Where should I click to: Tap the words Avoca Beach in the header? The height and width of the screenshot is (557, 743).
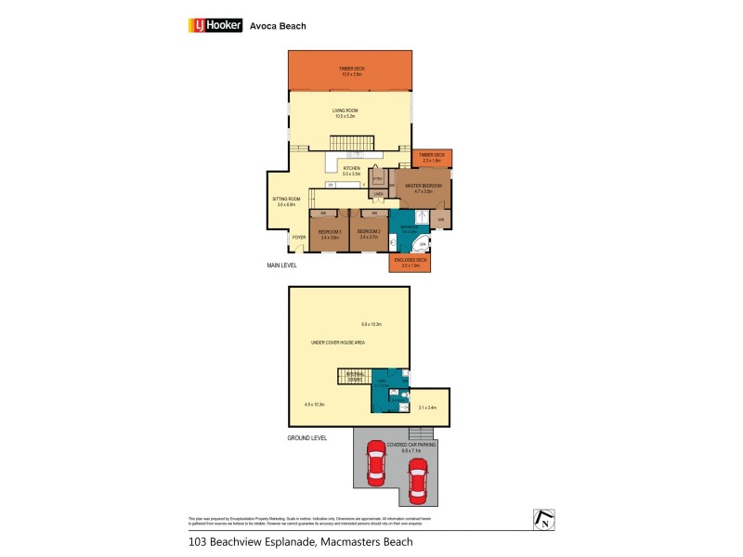(278, 26)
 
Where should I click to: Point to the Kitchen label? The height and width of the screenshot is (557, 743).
(351, 168)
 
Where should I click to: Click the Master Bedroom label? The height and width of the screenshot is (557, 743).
(424, 187)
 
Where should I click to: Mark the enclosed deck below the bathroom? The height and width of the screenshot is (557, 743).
(409, 263)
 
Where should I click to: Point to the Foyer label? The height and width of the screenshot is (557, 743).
(298, 238)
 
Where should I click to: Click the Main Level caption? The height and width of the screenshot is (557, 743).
(281, 266)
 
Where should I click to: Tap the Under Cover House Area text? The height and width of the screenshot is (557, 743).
(338, 343)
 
